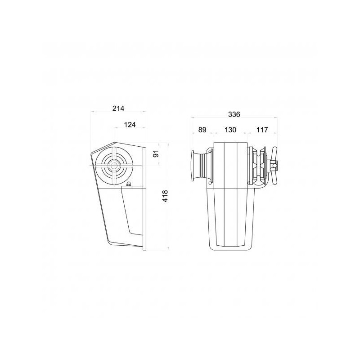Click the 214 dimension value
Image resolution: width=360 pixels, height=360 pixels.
[118, 108]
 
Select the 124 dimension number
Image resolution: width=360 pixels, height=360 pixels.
[130, 125]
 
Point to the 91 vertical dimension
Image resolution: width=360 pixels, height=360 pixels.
[156, 153]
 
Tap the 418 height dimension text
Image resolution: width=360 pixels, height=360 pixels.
[165, 196]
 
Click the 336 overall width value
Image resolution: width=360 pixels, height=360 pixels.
[234, 114]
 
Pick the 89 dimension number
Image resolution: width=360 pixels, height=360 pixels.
[202, 130]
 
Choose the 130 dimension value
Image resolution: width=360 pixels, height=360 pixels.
[230, 130]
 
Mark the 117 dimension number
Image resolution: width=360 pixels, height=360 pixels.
[262, 130]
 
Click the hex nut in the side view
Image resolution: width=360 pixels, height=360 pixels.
[129, 184]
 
